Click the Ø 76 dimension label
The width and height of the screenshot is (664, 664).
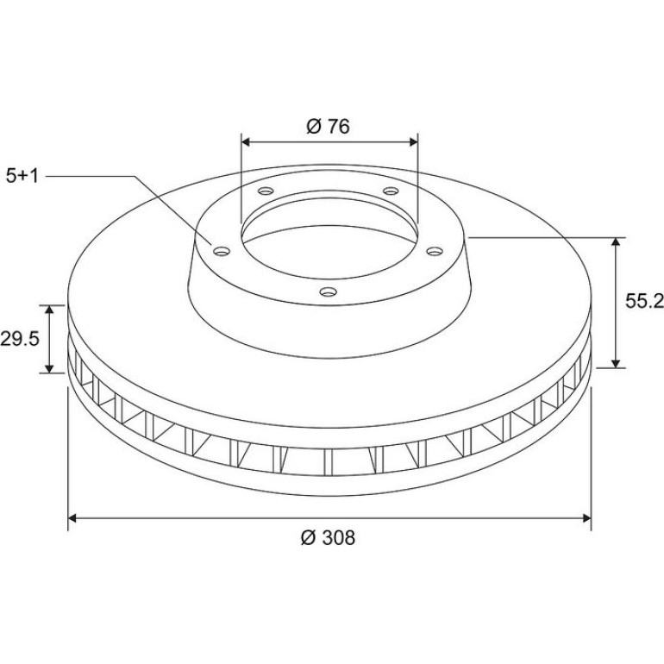(329, 126)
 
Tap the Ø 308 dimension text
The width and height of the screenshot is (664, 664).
(328, 538)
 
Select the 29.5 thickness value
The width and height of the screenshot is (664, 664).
(20, 339)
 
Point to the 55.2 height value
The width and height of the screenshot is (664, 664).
(644, 301)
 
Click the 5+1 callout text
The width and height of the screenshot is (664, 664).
(22, 176)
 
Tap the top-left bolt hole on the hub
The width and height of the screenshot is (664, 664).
(266, 191)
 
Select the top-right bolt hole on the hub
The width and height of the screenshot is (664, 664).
(391, 191)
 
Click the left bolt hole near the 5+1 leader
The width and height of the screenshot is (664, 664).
(222, 252)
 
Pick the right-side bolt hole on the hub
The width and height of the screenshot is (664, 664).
(434, 252)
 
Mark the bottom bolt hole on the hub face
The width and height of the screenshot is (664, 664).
(329, 291)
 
